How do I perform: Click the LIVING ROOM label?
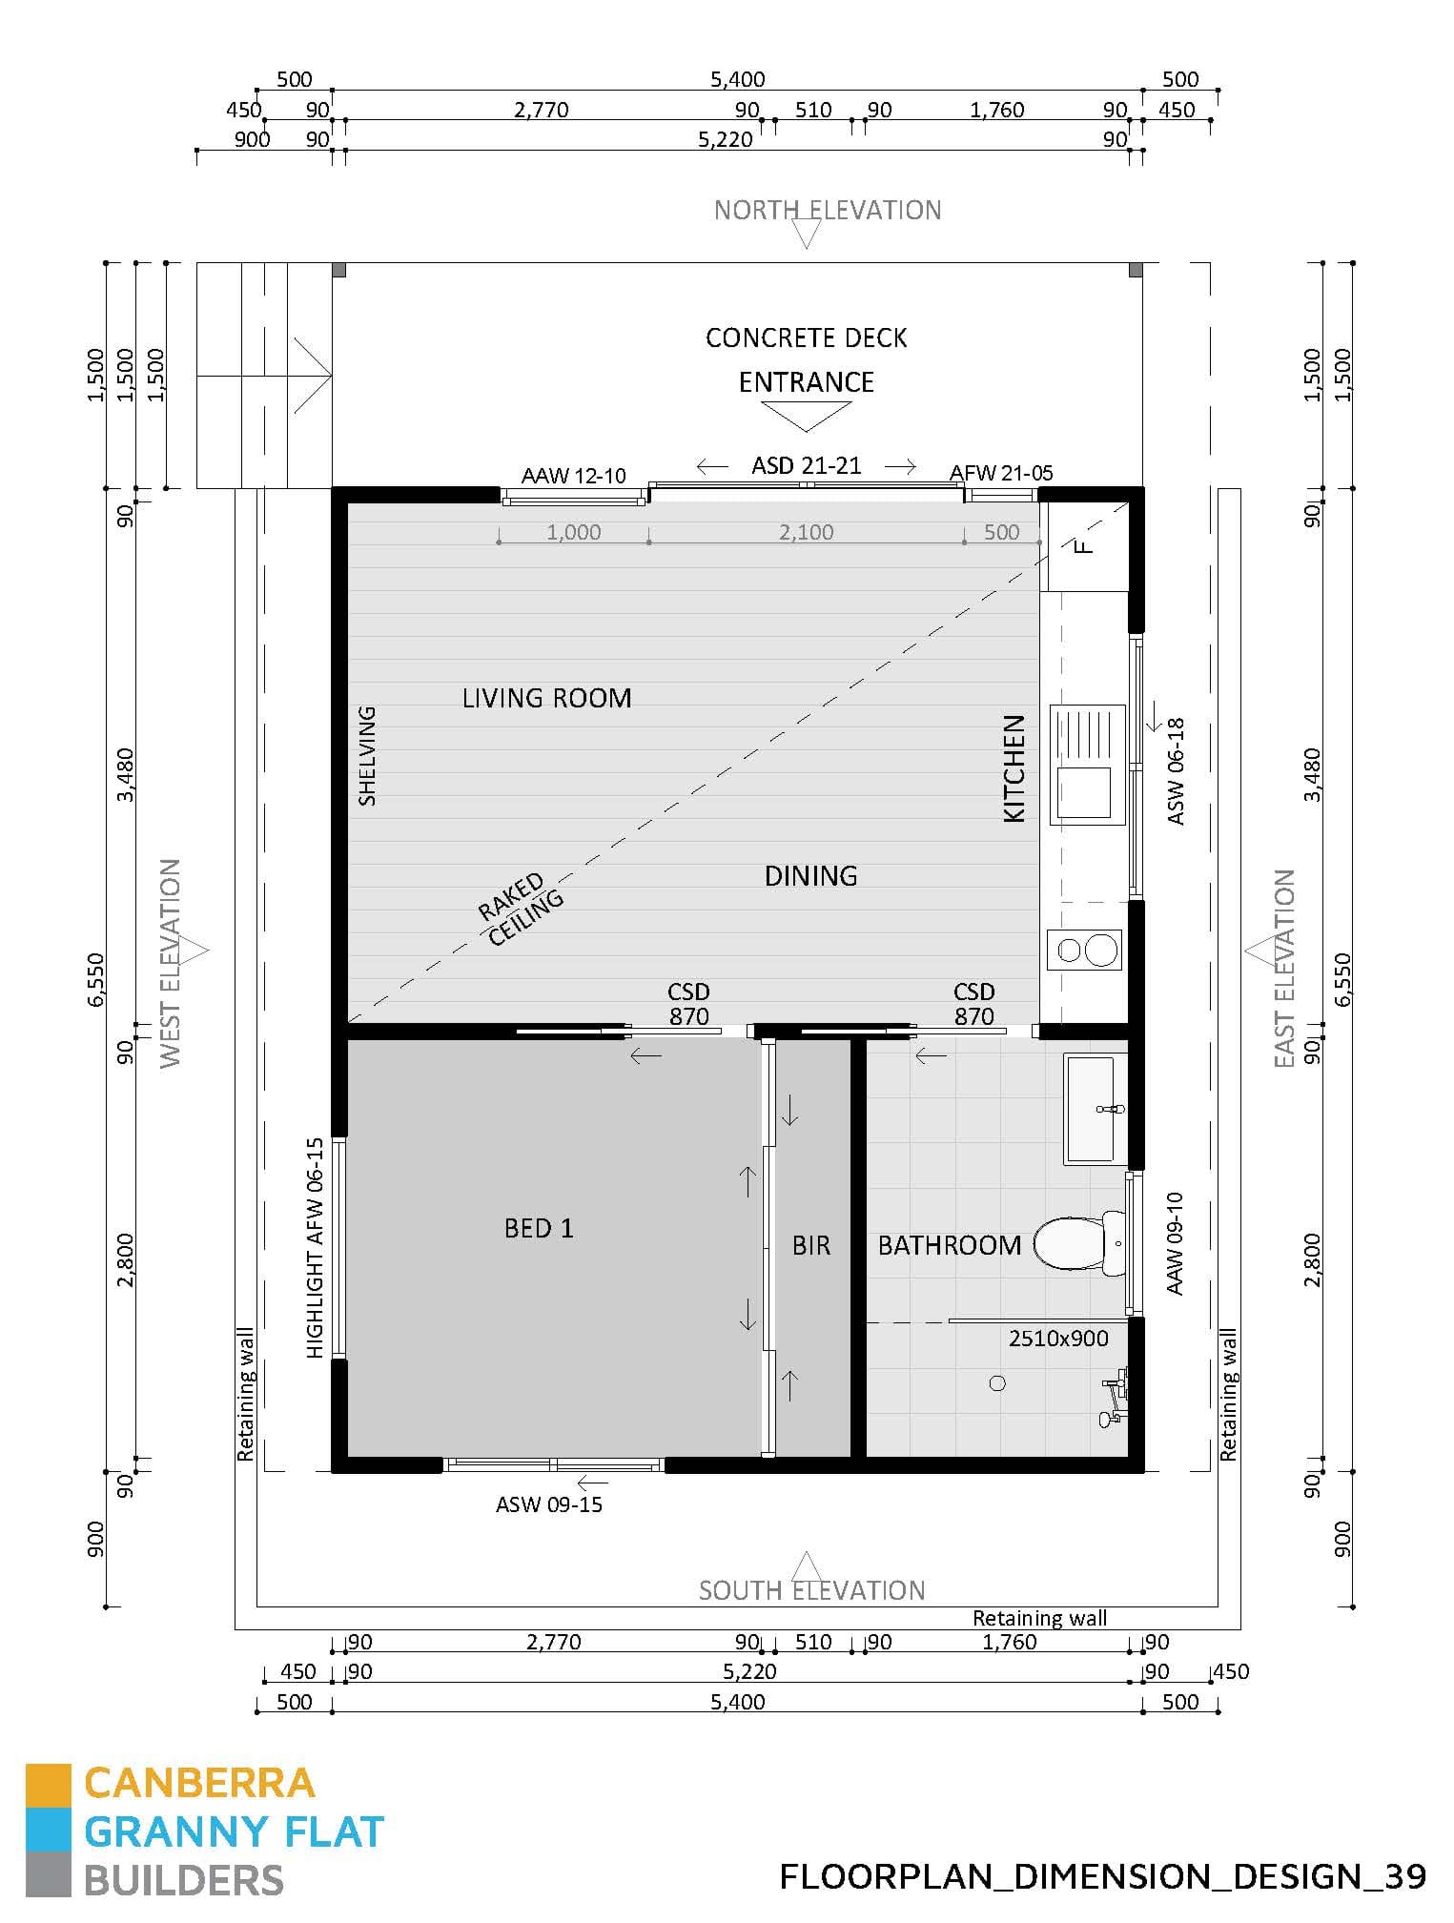[x=546, y=699]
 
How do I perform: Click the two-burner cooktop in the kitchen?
[x=1086, y=950]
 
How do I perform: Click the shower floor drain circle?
[x=997, y=1383]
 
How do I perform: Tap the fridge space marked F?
[x=1083, y=546]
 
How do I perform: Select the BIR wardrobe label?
[x=811, y=1246]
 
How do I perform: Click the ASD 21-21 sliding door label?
[x=806, y=466]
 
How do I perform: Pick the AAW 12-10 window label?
[x=573, y=476]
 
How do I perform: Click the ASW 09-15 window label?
[x=549, y=1504]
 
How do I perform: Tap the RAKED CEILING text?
[x=521, y=910]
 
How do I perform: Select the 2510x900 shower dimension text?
[x=1058, y=1339]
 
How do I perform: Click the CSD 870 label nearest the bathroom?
[x=973, y=1004]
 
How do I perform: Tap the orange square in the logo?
[x=48, y=1785]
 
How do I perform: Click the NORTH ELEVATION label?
[x=827, y=211]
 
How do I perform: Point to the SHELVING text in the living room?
[x=367, y=755]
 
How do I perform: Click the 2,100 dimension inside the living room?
[x=806, y=533]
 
